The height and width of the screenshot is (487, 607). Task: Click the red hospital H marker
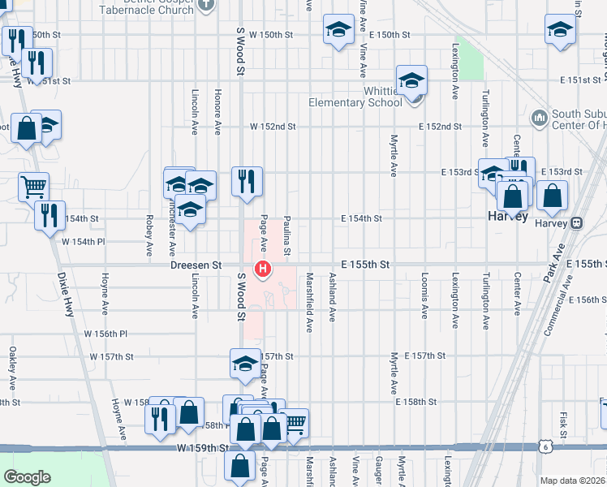click(x=262, y=269)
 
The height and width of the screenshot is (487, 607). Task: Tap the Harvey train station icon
click(x=576, y=222)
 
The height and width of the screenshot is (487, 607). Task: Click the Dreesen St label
click(x=196, y=265)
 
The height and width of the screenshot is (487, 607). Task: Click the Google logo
click(x=28, y=477)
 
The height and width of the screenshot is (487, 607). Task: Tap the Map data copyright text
click(x=572, y=481)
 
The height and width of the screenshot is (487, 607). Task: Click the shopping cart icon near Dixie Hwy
click(x=33, y=187)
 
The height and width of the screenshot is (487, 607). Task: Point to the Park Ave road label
click(x=554, y=264)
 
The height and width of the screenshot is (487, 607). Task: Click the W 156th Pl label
click(x=106, y=334)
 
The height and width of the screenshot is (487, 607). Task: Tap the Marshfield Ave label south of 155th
click(x=309, y=301)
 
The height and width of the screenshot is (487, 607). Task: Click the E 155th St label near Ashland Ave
click(x=365, y=265)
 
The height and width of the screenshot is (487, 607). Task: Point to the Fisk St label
click(x=562, y=423)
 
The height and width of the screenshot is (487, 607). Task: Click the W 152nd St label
click(x=272, y=127)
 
